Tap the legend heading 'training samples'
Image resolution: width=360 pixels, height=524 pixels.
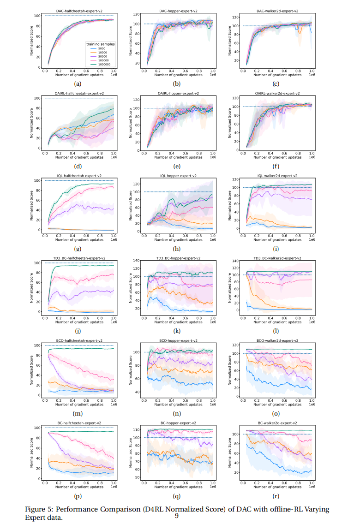click(100, 43)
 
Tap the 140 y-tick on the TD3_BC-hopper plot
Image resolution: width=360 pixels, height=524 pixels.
click(137, 261)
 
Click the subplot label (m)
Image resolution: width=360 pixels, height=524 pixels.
click(78, 413)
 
